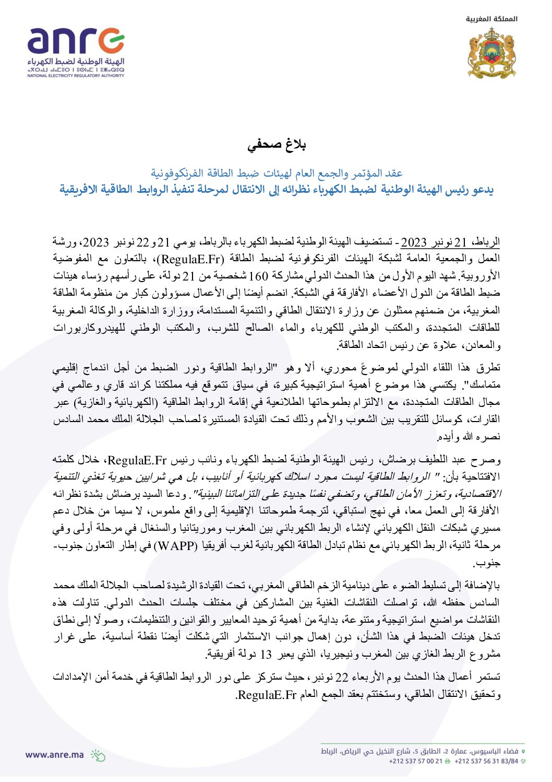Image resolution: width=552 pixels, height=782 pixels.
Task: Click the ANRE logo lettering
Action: click(x=76, y=41)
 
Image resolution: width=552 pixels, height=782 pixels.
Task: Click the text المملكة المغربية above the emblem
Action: click(x=491, y=19)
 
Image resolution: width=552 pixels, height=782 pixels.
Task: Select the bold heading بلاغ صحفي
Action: click(x=277, y=145)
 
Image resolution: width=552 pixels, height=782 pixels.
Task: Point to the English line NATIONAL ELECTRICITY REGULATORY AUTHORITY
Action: click(x=76, y=76)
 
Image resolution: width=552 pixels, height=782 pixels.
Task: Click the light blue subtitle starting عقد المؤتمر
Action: click(x=277, y=173)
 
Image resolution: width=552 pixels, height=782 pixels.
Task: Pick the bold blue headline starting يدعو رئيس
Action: click(x=277, y=189)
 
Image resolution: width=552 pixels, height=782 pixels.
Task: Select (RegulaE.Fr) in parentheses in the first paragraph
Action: click(x=192, y=259)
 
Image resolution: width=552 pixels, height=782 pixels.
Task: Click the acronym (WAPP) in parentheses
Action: click(x=177, y=546)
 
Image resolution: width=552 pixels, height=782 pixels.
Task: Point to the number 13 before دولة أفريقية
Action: click(x=266, y=654)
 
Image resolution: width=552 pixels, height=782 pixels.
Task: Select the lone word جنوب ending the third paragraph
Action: click(x=486, y=563)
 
